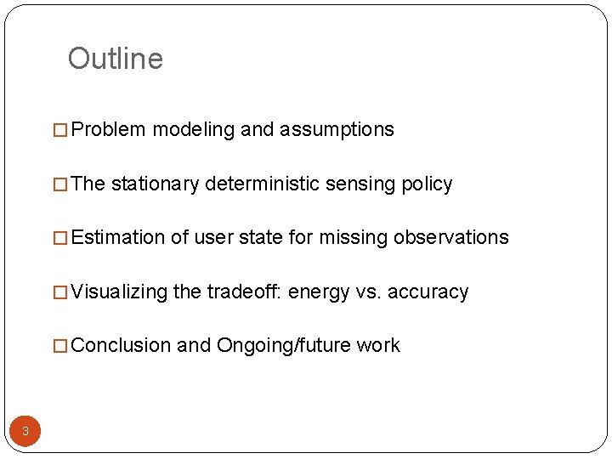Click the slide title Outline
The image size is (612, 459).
tap(115, 59)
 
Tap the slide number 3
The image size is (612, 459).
tap(25, 431)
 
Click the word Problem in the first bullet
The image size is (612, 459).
tap(109, 130)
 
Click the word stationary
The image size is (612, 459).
tap(155, 184)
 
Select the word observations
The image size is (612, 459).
tap(450, 238)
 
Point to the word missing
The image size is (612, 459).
tap(354, 238)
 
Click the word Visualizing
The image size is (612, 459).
tap(120, 292)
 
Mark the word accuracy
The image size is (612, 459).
tap(428, 292)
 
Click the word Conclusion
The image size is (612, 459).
tap(122, 346)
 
